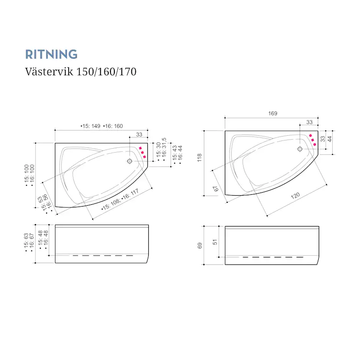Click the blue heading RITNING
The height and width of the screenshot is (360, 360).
[51, 54]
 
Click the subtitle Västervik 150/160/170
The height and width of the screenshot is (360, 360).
[80, 71]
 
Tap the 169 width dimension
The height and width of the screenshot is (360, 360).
[273, 113]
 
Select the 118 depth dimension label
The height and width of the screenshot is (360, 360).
[200, 157]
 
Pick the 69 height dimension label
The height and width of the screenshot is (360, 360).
[200, 245]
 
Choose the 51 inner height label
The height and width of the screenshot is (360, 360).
[215, 242]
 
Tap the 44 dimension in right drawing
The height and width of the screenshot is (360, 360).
[329, 139]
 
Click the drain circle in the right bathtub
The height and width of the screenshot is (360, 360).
[300, 149]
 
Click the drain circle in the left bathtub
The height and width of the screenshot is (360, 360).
[130, 161]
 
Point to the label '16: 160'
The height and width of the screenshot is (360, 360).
[113, 126]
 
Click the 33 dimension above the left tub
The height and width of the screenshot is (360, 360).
[139, 134]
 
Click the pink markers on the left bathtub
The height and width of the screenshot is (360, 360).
[142, 152]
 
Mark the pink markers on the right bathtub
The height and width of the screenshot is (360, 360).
[312, 140]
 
